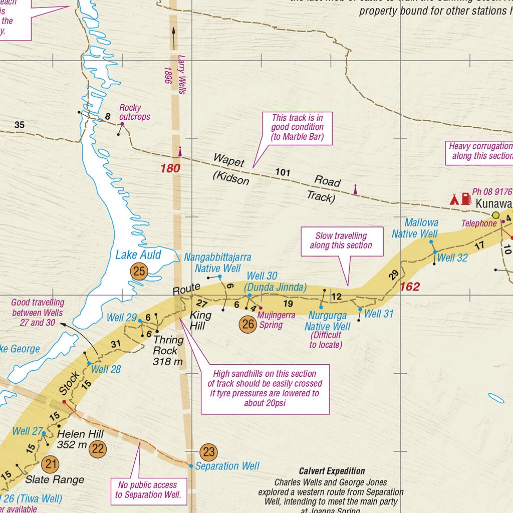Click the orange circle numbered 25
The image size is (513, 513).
pos(139,272)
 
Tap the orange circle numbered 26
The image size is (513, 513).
pos(248,325)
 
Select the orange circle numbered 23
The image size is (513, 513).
pos(208,452)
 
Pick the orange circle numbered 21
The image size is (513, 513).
pos(50,463)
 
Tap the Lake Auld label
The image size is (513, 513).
pos(138,254)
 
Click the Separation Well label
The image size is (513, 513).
pos(227,466)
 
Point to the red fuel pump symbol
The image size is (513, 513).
pos(466,198)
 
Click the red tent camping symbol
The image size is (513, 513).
pos(454,199)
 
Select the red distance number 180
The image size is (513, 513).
pos(170,168)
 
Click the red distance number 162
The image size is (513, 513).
pos(410,287)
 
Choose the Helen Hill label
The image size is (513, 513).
pos(80,439)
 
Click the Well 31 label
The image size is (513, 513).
pos(379,314)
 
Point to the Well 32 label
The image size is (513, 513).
pos(452,258)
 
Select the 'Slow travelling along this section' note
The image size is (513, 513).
pos(341,240)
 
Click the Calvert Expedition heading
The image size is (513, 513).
pos(332,471)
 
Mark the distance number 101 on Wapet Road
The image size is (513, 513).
pos(283,173)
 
